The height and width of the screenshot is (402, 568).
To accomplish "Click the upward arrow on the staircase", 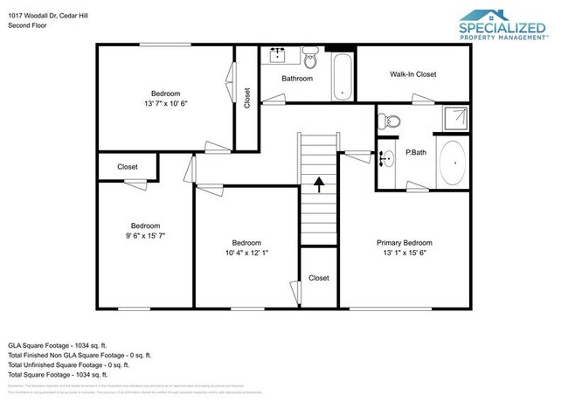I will tap(319, 184).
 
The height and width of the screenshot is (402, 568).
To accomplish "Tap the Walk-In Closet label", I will tap(412, 74).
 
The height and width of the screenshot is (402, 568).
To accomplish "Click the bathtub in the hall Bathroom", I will tap(342, 76).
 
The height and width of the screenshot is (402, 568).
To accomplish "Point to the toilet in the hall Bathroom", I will tap(311, 58).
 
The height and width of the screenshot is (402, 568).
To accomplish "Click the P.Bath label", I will tap(415, 153).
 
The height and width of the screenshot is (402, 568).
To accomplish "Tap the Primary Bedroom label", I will tap(404, 243).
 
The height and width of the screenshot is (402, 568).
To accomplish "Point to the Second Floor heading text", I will tap(28, 26).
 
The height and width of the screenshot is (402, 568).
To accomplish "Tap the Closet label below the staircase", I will tap(318, 278).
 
